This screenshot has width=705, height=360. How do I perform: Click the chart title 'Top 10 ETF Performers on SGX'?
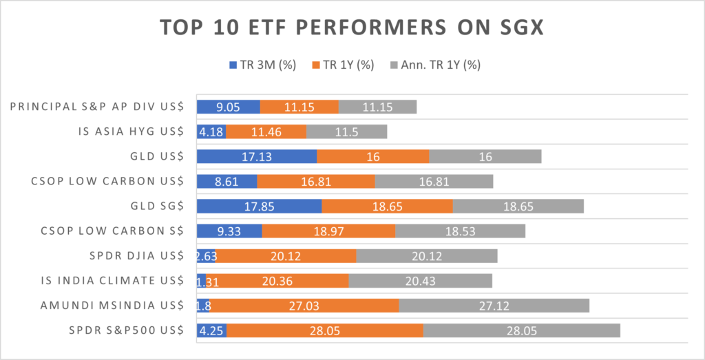(x=352, y=28)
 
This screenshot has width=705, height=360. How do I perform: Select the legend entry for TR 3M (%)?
(x=261, y=65)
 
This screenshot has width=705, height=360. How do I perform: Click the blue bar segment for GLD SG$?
(x=259, y=207)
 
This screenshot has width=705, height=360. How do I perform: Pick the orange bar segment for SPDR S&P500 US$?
(x=325, y=330)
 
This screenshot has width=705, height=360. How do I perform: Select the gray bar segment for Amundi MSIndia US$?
(x=494, y=306)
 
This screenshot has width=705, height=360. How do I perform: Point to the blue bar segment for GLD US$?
(x=256, y=157)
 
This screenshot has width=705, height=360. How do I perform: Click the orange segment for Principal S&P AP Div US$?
(x=299, y=107)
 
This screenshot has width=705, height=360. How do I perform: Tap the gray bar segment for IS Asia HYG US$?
(x=346, y=131)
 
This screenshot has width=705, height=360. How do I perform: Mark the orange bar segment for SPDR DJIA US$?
(x=286, y=256)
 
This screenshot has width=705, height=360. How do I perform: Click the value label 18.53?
(x=460, y=231)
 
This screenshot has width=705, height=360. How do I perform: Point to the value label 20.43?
(x=420, y=281)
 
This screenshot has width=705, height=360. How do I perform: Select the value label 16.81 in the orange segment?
(x=316, y=182)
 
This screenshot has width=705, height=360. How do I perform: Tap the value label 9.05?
(x=228, y=107)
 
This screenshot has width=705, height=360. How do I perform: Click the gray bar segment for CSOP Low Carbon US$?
(x=434, y=182)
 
